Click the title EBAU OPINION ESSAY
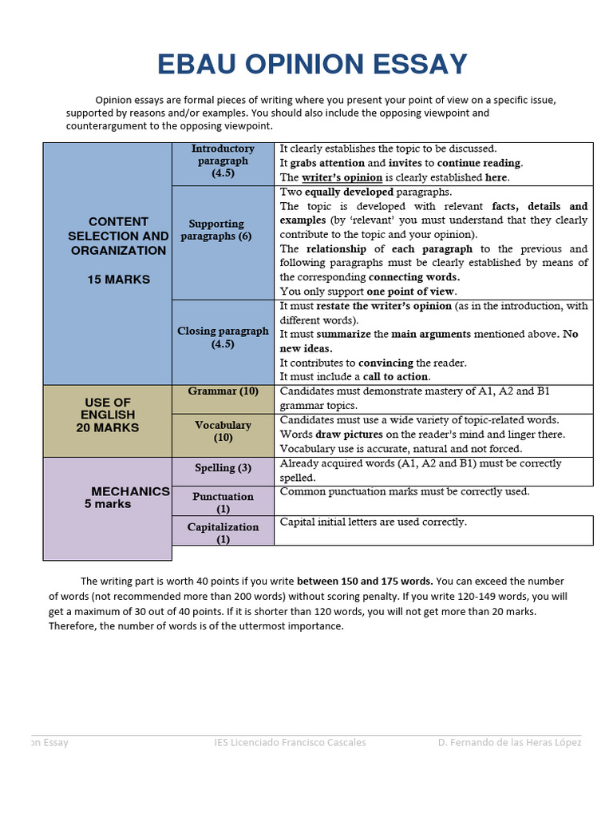(312, 64)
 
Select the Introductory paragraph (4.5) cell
(223, 161)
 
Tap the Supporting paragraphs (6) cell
(216, 230)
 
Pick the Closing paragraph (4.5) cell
(223, 337)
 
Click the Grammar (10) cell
(223, 391)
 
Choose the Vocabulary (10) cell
(223, 431)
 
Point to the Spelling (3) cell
(223, 468)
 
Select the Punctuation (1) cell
(223, 502)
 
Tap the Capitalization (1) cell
(223, 533)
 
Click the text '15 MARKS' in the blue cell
(119, 280)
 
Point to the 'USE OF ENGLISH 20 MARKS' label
(107, 415)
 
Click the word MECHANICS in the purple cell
(130, 491)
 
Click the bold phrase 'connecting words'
(413, 277)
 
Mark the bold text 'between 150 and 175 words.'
(365, 581)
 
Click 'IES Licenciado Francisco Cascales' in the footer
(290, 742)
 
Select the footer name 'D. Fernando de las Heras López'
(509, 742)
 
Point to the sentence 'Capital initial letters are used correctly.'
(373, 522)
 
